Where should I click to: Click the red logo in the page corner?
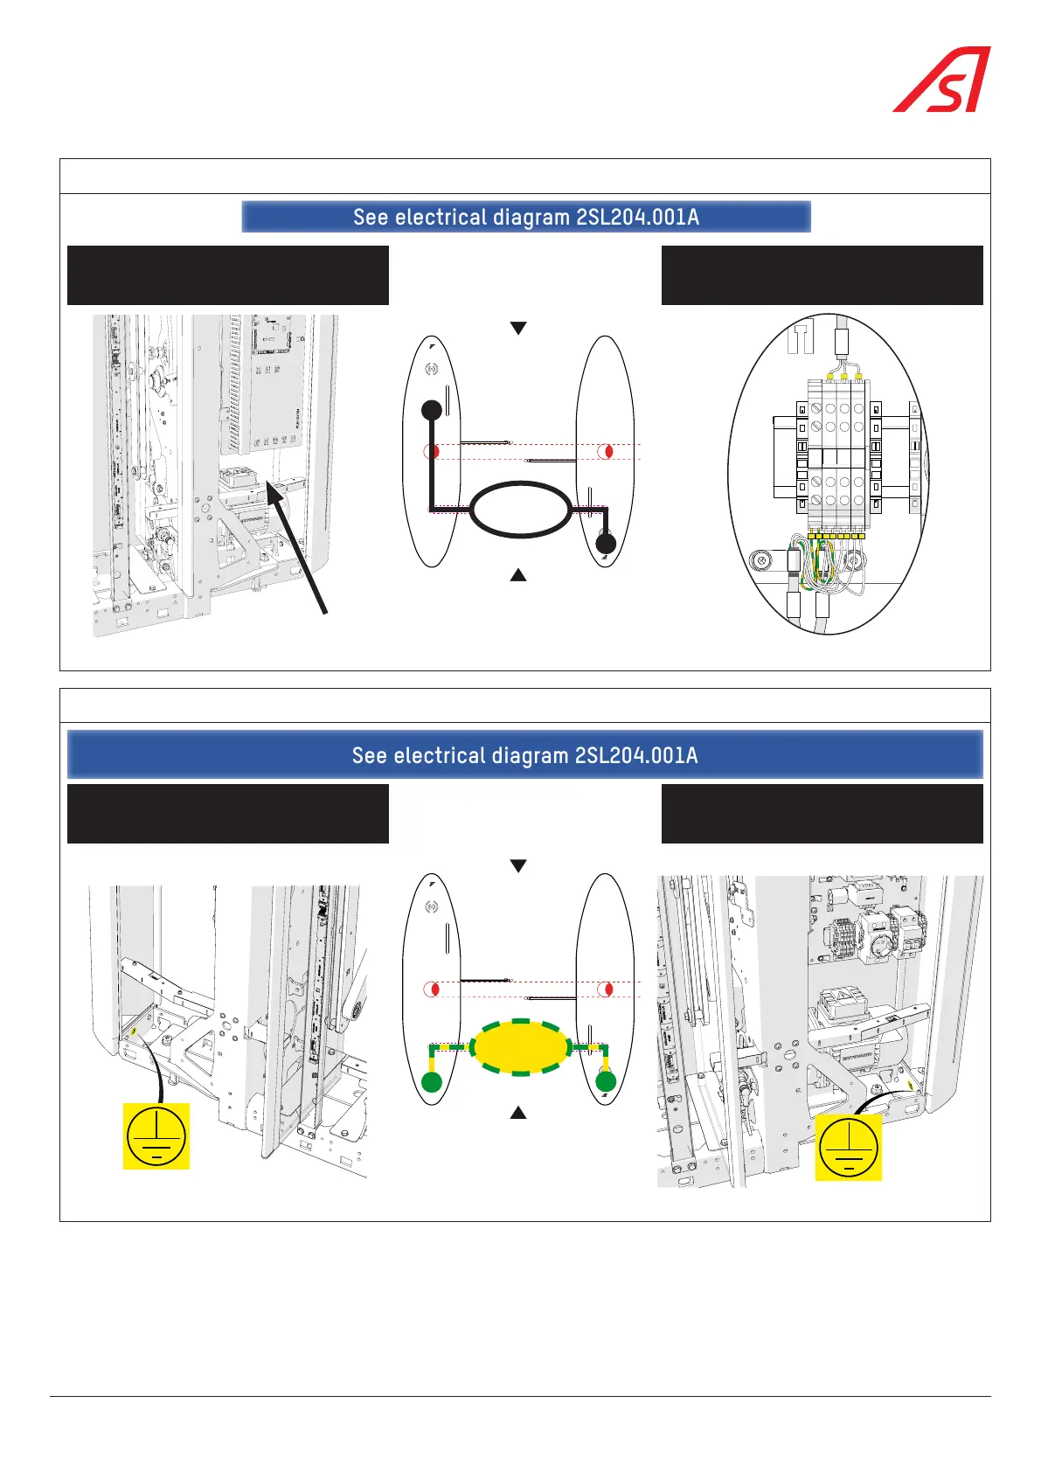click(x=941, y=80)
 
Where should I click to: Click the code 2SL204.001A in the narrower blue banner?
click(x=637, y=217)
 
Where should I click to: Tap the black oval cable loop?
click(x=521, y=509)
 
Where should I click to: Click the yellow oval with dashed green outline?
click(x=521, y=1046)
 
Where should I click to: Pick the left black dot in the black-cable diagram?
click(x=432, y=409)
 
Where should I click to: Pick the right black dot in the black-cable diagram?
click(x=606, y=544)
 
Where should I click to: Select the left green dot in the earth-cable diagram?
click(x=432, y=1082)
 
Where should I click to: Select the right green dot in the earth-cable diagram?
click(x=606, y=1082)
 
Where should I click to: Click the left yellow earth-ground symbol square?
click(x=156, y=1136)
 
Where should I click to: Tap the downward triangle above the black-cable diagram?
click(x=518, y=328)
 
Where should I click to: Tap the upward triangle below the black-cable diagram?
click(x=518, y=575)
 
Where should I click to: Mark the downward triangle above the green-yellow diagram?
click(x=518, y=865)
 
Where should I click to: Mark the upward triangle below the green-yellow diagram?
click(x=518, y=1113)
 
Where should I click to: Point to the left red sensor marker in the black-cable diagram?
click(x=432, y=452)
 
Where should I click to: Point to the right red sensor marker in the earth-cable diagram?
click(x=605, y=989)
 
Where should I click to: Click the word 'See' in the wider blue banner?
click(x=370, y=755)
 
